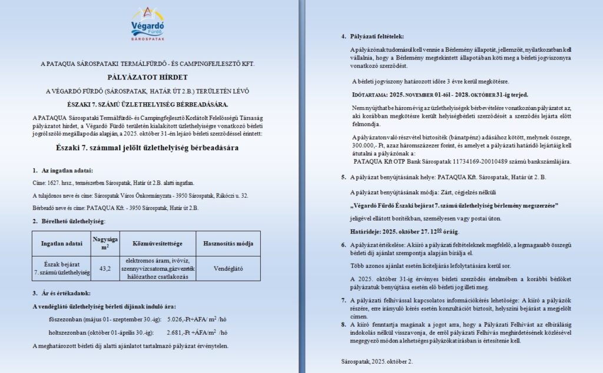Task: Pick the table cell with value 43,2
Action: [x=106, y=268]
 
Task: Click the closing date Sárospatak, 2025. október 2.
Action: [x=377, y=361]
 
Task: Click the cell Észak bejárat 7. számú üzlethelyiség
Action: [x=61, y=268]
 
